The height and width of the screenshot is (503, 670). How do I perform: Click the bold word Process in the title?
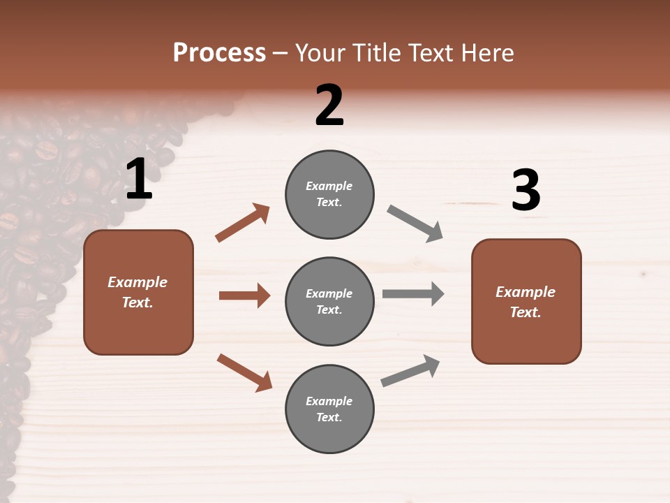pos(219,53)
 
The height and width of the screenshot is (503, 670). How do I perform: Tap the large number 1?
pos(139,180)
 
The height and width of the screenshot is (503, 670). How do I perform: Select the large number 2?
pos(329,105)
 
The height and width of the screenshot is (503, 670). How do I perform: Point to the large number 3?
pos(526,191)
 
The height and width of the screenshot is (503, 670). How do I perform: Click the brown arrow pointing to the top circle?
pos(243,223)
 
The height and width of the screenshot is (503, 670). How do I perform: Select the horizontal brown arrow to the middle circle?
pos(244,296)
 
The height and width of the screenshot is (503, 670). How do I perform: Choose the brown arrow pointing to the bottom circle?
pos(244,372)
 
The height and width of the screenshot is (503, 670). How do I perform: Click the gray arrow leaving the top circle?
pos(415,224)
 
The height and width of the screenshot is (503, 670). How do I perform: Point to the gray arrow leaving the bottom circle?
pos(410,371)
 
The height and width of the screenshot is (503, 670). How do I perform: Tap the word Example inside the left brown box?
pos(137,282)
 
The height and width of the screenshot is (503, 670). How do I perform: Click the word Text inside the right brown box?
pos(526,312)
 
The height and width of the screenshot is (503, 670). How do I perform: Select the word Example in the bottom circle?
pos(329,401)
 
